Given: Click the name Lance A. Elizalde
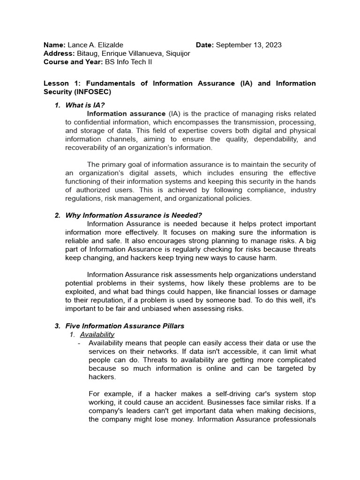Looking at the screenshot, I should pyautogui.click(x=96, y=45).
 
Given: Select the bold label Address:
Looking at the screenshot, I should pyautogui.click(x=59, y=53).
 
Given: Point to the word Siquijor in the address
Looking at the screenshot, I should pyautogui.click(x=177, y=53).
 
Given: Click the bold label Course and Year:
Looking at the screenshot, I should pyautogui.click(x=73, y=62).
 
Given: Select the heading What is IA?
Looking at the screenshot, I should pyautogui.click(x=85, y=105).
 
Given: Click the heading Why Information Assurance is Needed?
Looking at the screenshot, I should pyautogui.click(x=134, y=215).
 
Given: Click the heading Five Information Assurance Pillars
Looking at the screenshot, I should pyautogui.click(x=125, y=326).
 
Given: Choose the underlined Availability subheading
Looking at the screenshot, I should pyautogui.click(x=97, y=334).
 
